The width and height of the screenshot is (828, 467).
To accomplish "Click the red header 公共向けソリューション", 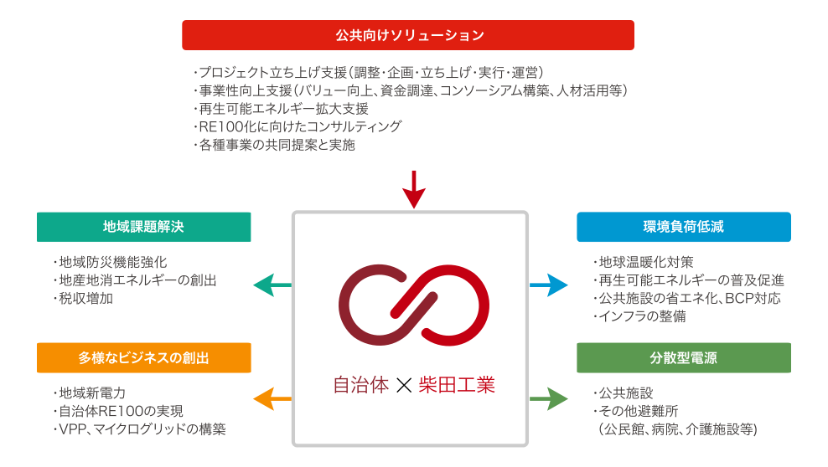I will tap(408, 35).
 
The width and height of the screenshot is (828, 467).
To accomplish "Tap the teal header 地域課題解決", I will tap(143, 227).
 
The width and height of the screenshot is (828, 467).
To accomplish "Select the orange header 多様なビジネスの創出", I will tap(143, 357).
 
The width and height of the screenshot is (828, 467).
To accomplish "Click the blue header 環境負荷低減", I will tap(683, 227).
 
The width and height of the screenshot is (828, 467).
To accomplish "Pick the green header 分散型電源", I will tap(683, 357).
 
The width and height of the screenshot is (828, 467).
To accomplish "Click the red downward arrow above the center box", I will tap(414, 189).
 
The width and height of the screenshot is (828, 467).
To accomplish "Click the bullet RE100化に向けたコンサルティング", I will tap(298, 127).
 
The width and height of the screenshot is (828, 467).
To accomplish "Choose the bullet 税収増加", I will tap(85, 298).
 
